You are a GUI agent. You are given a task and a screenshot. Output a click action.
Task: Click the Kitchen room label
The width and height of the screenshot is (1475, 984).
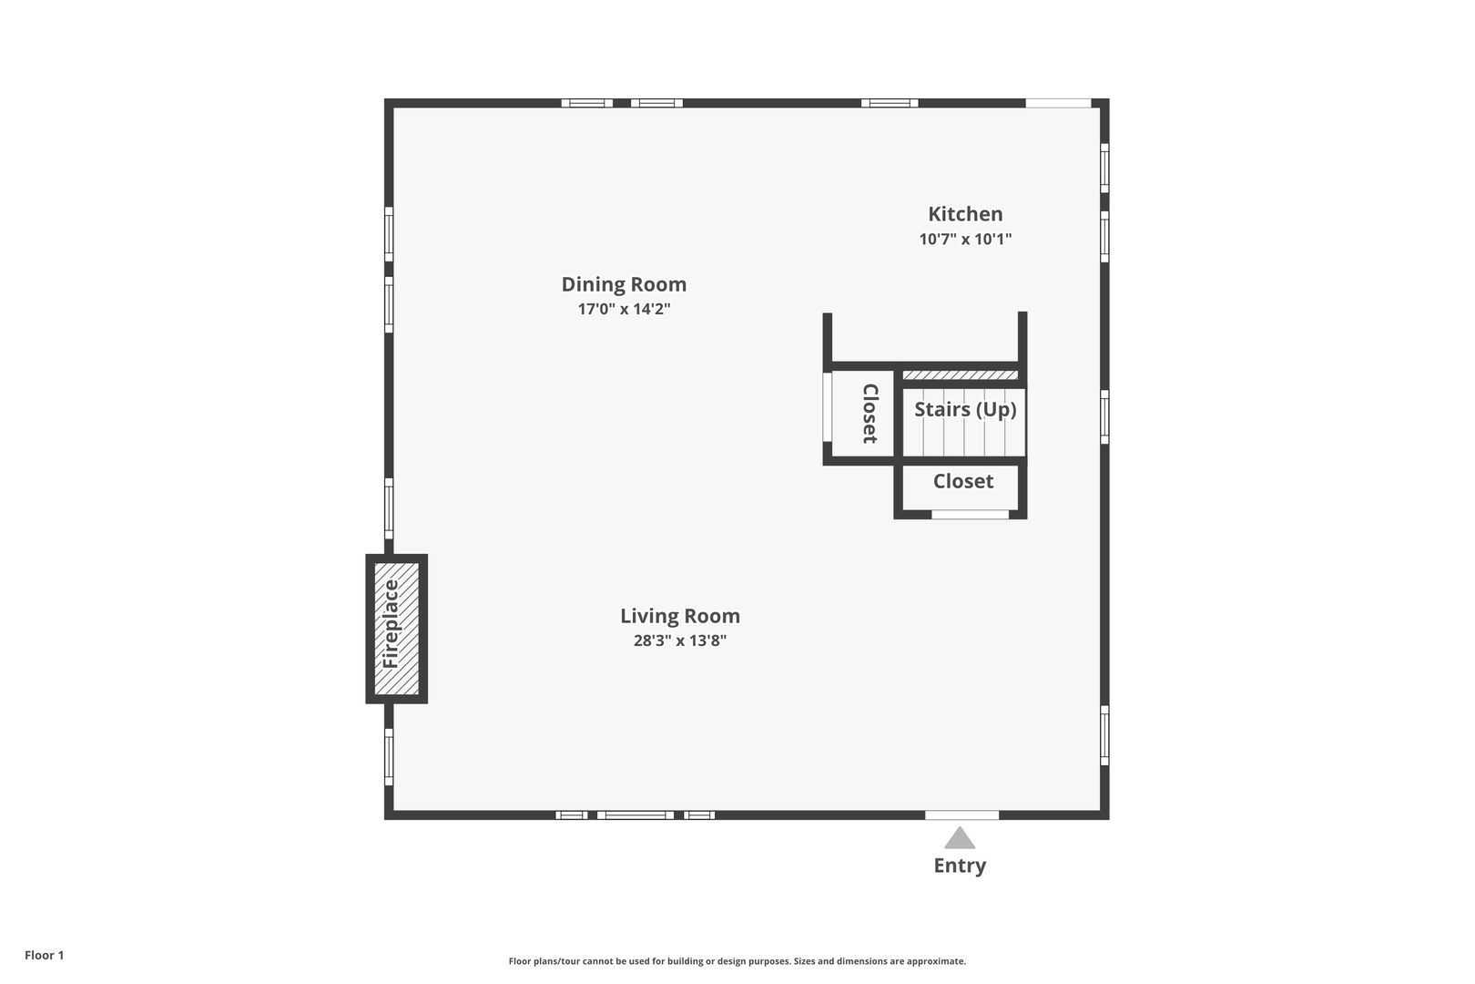pos(965,214)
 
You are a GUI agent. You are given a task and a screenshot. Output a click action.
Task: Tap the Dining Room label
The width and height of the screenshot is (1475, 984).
pos(624,284)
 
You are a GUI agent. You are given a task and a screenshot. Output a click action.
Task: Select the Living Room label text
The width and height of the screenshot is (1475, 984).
pos(679,616)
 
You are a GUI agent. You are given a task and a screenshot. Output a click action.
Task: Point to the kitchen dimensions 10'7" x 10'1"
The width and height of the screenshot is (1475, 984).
pos(965,240)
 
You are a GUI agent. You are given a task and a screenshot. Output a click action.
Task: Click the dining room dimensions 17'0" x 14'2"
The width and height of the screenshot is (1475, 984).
pos(624,309)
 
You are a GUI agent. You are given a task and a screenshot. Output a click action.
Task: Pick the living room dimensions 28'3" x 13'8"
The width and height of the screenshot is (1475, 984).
pos(679,641)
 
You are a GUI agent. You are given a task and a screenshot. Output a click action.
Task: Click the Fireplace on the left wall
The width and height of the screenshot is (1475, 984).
pos(396,628)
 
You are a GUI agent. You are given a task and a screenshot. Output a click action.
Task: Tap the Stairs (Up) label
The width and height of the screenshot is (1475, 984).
pos(965,410)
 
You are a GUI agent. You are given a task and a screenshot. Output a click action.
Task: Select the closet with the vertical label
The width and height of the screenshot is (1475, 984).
pos(863,414)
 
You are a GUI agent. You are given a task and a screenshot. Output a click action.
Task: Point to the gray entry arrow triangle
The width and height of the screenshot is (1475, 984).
pos(960,837)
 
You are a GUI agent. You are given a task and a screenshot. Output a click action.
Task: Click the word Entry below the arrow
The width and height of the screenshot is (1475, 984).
pos(960,866)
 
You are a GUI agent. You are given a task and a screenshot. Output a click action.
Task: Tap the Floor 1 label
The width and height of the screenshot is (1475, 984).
pos(44,955)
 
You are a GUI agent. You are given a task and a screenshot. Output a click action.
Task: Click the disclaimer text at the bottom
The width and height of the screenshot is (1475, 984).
pos(737,961)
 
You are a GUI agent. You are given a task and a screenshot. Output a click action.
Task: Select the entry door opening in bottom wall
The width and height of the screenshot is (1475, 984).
pos(961,815)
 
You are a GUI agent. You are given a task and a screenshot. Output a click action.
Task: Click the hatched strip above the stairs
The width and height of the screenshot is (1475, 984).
pos(960,375)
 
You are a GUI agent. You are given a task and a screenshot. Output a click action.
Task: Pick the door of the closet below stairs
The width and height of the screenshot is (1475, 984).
pos(970,514)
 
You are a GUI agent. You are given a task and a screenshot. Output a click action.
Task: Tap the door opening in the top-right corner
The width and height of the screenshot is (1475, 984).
pos(1058,104)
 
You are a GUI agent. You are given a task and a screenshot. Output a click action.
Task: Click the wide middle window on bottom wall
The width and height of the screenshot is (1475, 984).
pos(636,815)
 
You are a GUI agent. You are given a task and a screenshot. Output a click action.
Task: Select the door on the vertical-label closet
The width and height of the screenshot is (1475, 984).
pos(828,406)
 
